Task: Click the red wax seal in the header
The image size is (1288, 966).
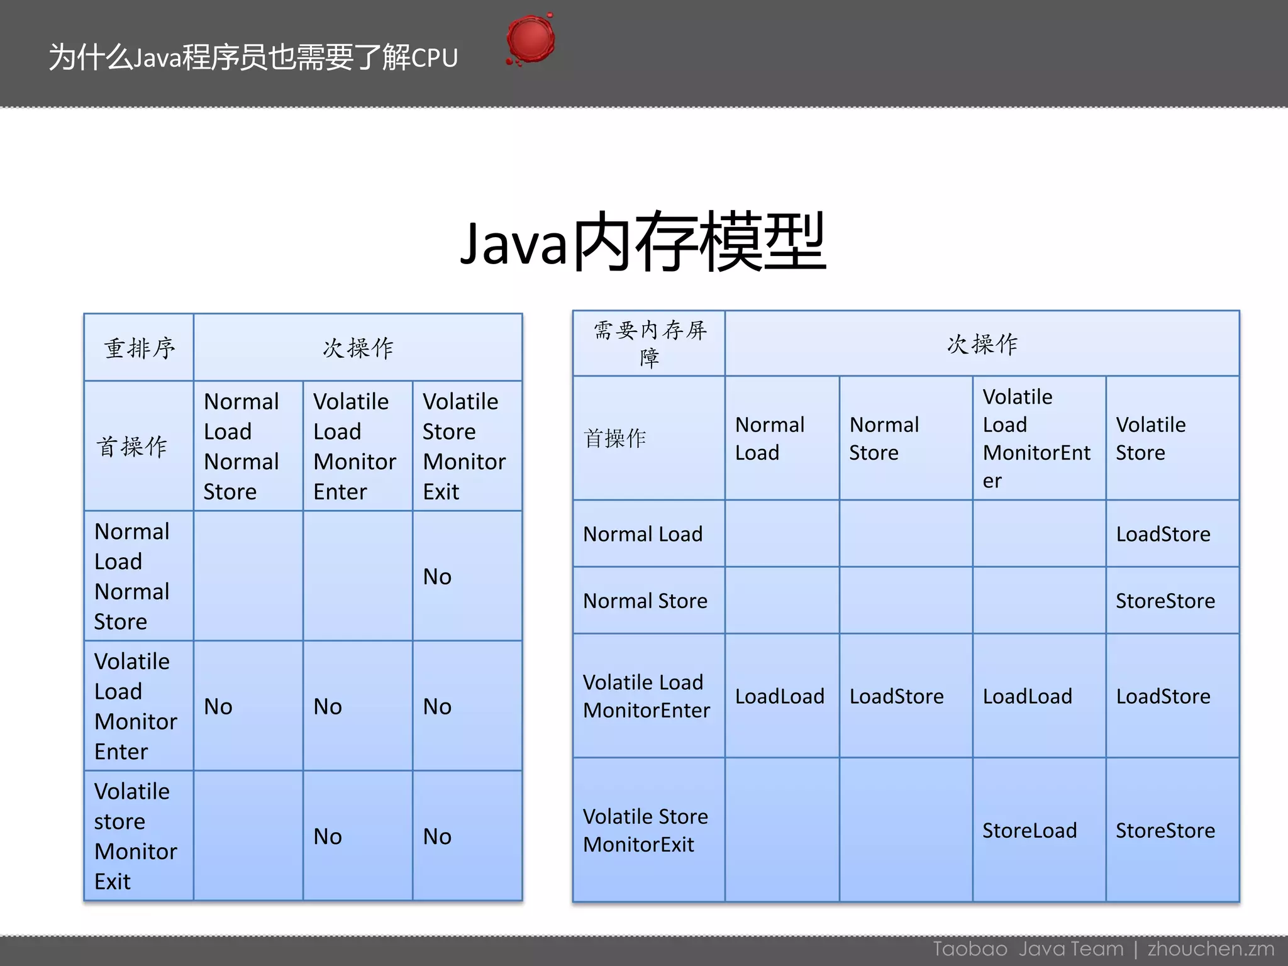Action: coord(530,40)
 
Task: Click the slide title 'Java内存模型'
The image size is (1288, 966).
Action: coord(643,242)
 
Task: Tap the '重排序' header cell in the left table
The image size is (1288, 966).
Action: coord(139,348)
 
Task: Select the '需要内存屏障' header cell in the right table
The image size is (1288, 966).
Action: coord(649,343)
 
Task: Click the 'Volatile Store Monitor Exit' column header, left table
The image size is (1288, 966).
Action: coord(464,446)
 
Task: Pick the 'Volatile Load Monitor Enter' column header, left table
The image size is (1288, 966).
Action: coord(355,446)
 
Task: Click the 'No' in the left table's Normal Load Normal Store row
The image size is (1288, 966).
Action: coord(437,577)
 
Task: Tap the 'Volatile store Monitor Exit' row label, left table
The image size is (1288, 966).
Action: coord(135,836)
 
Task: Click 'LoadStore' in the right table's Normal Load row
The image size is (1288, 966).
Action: coord(1163,534)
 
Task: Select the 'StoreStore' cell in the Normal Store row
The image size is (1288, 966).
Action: coord(1165,601)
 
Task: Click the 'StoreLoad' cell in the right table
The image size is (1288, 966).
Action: coord(1030,830)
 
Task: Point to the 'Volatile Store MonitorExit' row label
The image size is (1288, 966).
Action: coord(645,830)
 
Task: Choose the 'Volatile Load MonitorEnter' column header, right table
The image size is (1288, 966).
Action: coord(1036,438)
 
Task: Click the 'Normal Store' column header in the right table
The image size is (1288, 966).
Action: coord(884,438)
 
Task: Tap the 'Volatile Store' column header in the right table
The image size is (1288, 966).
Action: coord(1150,438)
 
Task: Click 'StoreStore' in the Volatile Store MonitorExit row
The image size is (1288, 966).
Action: coord(1165,830)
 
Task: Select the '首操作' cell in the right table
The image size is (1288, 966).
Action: coord(614,438)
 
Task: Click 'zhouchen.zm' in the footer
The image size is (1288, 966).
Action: coord(1211,948)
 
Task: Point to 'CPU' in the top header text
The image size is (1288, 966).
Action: coord(435,58)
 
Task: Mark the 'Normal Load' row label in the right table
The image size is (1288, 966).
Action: coord(642,534)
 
